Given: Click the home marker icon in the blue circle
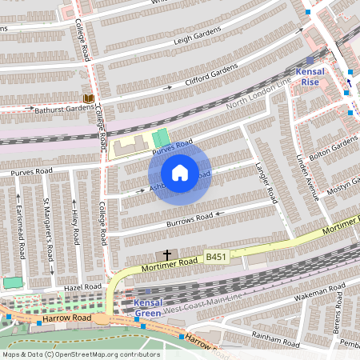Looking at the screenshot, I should [180, 173].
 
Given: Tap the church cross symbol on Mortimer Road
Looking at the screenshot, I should [166, 254].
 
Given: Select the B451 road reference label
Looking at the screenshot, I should [216, 257].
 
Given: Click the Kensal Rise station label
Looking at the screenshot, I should [310, 77].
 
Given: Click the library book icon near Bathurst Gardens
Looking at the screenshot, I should [88, 98].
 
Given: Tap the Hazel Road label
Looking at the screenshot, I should [82, 286].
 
